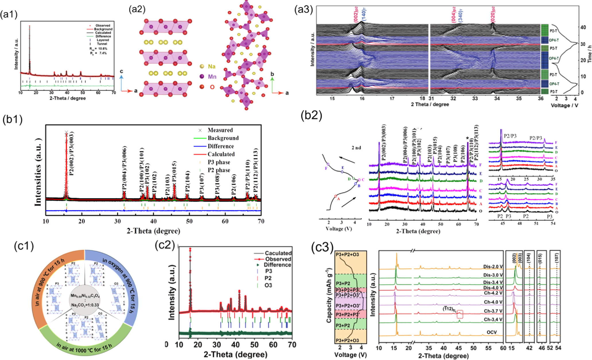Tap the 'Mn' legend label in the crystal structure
212,77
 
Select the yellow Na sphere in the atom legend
202,66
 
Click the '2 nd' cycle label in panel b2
356,148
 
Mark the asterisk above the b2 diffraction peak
467,139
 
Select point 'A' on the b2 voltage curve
335,196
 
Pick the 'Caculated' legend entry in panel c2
278,253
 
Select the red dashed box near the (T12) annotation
460,314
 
